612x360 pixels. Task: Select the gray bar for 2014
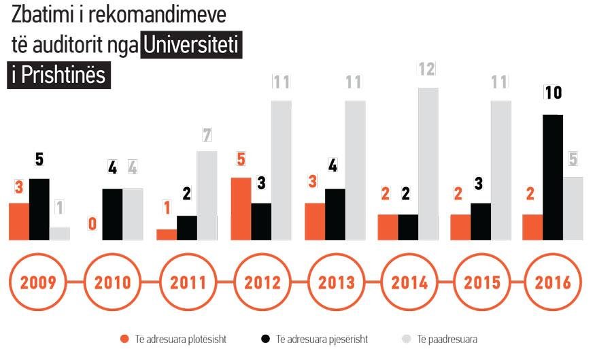(x=428, y=163)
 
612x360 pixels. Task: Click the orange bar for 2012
(x=241, y=208)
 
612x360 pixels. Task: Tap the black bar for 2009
(x=39, y=209)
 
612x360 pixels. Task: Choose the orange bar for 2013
(x=315, y=221)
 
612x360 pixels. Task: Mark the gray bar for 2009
(x=59, y=233)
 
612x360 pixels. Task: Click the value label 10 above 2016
(x=553, y=93)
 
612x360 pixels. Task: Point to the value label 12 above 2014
(x=427, y=69)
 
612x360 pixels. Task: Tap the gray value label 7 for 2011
(x=207, y=135)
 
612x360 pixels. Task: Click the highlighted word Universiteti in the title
(x=192, y=46)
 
